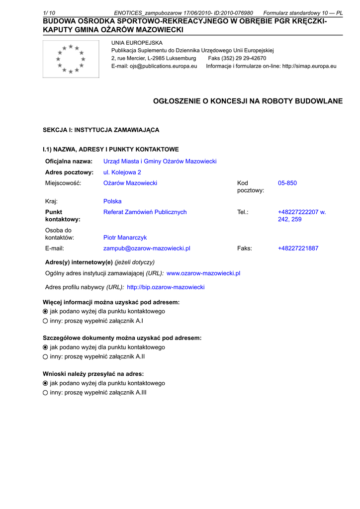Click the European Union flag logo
(71, 59)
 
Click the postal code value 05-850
(287, 183)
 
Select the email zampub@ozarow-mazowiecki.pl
(147, 249)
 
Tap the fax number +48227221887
(298, 249)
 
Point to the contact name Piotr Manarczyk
(125, 238)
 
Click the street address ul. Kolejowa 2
(122, 172)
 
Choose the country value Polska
(112, 202)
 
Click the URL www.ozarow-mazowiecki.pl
(203, 273)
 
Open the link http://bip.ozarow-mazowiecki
(166, 287)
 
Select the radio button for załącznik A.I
(45, 321)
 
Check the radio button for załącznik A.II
(45, 357)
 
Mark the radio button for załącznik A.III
(45, 393)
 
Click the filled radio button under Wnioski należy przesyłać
(45, 384)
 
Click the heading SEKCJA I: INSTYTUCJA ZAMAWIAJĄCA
(101, 130)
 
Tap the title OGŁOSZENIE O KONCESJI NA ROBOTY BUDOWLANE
(248, 101)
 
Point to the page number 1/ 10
(49, 13)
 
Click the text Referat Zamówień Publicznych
(145, 212)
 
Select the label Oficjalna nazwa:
(69, 162)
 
